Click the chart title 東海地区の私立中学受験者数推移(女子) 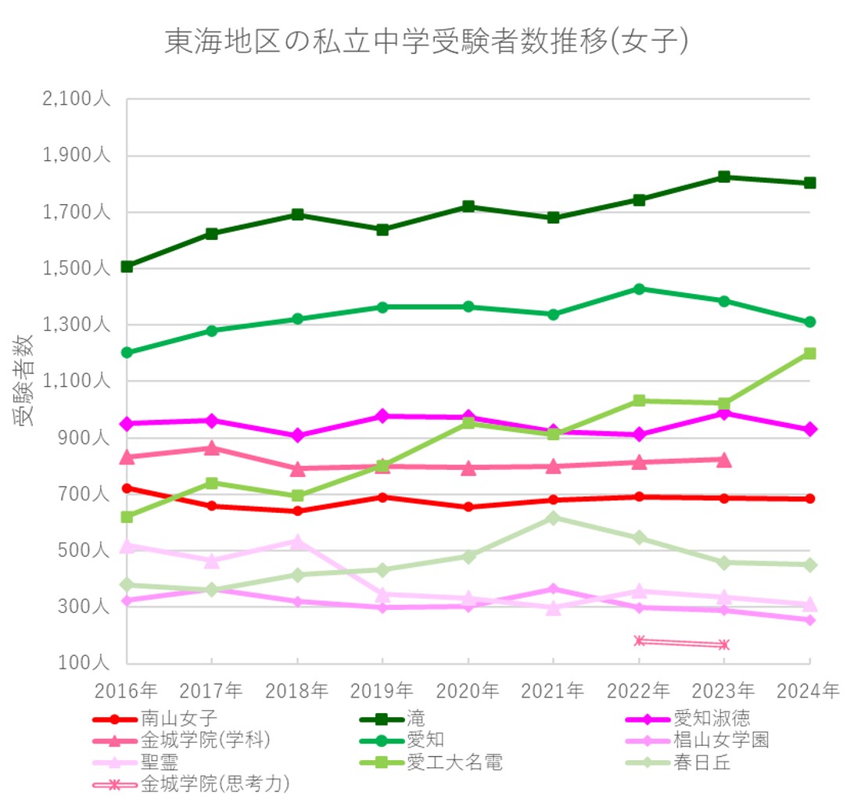coord(426,42)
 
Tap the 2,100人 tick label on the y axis coord(74,100)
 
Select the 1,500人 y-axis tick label coord(74,269)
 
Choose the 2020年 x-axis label coord(468,690)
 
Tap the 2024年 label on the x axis coord(809,690)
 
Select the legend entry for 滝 coord(415,719)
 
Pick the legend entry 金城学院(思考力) coord(215,783)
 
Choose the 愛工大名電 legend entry coord(454,762)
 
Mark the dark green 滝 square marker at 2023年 coord(724,177)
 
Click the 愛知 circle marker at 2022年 coord(639,289)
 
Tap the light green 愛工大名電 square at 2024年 coord(809,353)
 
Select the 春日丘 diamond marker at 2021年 coord(553,518)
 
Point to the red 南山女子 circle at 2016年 coord(127,488)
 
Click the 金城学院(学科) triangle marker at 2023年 coord(724,460)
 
